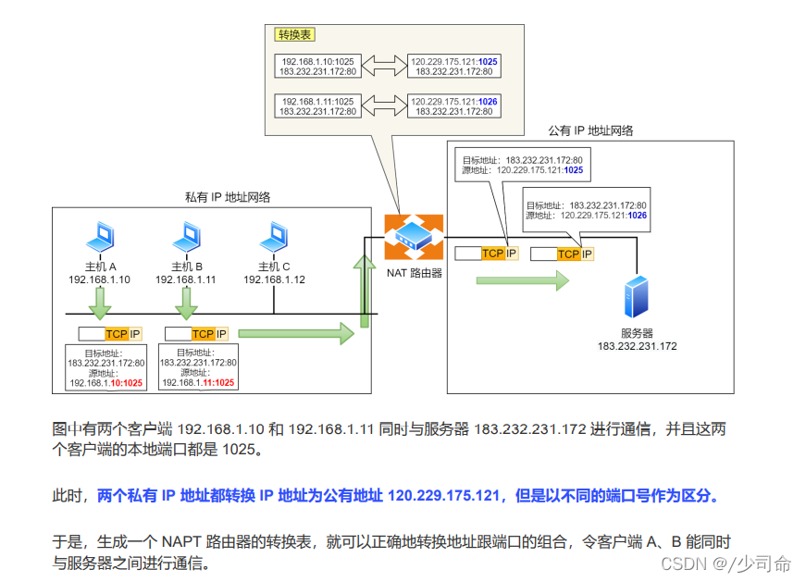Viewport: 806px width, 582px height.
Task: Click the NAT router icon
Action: coord(414,237)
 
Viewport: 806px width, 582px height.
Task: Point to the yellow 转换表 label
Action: coord(295,34)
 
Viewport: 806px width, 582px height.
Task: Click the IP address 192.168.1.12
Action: coord(274,279)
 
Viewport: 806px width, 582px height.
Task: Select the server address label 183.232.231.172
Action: coord(637,346)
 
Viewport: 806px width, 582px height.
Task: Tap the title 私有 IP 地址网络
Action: coord(228,197)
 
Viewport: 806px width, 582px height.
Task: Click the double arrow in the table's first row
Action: coord(382,66)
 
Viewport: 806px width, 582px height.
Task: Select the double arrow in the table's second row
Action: coord(382,105)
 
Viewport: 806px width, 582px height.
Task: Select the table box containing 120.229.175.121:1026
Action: coord(453,105)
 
